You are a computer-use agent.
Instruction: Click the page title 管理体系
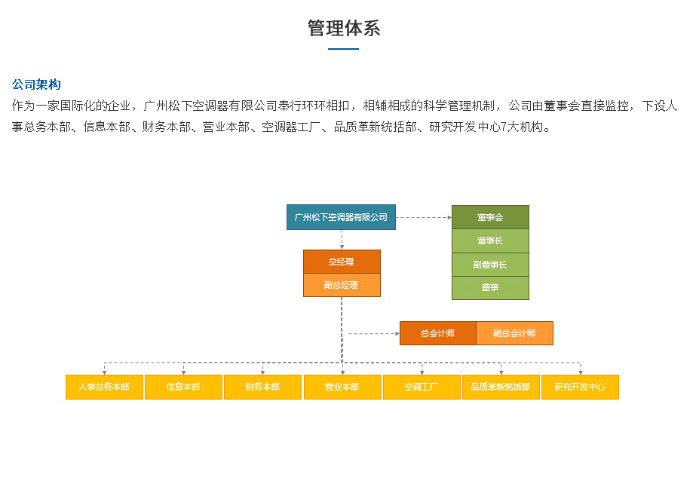pyautogui.click(x=344, y=28)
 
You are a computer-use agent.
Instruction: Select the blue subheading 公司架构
pyautogui.click(x=36, y=84)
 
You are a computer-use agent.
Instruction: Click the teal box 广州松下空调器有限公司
pyautogui.click(x=341, y=217)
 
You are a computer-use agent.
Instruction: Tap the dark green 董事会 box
pyautogui.click(x=490, y=217)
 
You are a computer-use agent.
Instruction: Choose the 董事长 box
pyautogui.click(x=490, y=240)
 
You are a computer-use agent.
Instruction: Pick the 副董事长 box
pyautogui.click(x=490, y=265)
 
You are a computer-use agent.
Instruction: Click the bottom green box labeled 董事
pyautogui.click(x=490, y=288)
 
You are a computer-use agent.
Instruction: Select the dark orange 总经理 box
pyautogui.click(x=342, y=262)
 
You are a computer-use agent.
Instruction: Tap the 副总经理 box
pyautogui.click(x=342, y=285)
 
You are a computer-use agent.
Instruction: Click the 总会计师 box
pyautogui.click(x=438, y=333)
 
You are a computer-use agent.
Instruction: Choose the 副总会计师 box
pyautogui.click(x=514, y=333)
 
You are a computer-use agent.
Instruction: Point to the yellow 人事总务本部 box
pyautogui.click(x=104, y=387)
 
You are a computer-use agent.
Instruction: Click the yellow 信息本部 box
pyautogui.click(x=184, y=387)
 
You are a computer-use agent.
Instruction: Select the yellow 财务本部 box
pyautogui.click(x=262, y=387)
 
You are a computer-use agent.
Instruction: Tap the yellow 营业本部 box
pyautogui.click(x=342, y=387)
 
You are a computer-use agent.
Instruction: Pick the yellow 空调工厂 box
pyautogui.click(x=422, y=387)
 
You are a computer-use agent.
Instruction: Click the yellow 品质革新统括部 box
pyautogui.click(x=501, y=387)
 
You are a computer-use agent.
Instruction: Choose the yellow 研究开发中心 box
pyautogui.click(x=580, y=387)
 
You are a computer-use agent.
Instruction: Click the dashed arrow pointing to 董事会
pyautogui.click(x=424, y=218)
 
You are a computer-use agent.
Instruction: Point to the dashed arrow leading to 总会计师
pyautogui.click(x=374, y=333)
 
